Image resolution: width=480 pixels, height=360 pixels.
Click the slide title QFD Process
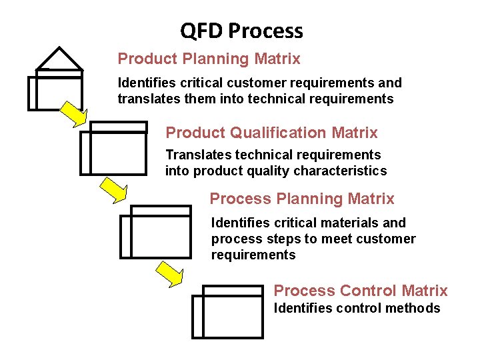241,31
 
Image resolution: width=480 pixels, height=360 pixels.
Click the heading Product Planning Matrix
209,59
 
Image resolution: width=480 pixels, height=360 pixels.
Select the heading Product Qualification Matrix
271,133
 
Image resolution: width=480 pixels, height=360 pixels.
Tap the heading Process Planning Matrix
301,199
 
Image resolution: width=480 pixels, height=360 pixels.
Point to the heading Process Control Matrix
361,291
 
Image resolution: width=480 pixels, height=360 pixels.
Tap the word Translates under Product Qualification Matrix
196,155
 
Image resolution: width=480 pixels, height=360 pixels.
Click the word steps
281,239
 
